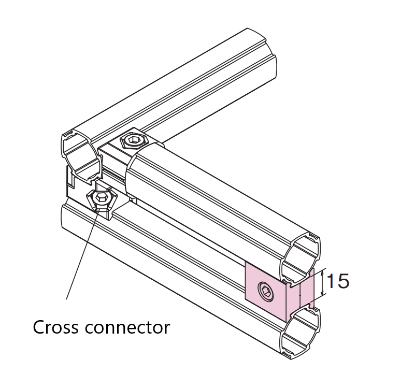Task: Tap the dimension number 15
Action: (338, 281)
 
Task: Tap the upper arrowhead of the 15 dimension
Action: (323, 272)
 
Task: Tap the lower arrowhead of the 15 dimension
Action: (323, 292)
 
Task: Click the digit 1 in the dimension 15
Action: (332, 281)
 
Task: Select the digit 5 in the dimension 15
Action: (343, 281)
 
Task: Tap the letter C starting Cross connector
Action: (39, 327)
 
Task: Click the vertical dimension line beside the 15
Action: (323, 282)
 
